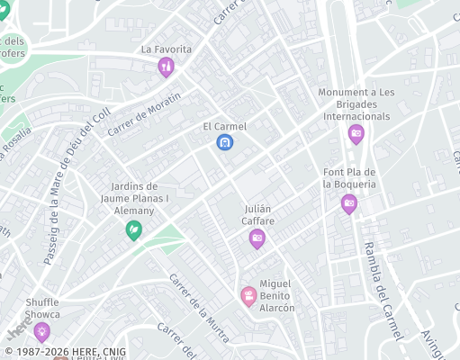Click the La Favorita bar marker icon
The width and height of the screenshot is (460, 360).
point(166,67)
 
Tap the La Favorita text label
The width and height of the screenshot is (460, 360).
point(166,49)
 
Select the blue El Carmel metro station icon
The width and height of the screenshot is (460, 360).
point(224,142)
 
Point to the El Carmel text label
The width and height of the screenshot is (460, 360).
point(224,126)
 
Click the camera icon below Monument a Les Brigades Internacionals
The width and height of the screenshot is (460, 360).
point(356,134)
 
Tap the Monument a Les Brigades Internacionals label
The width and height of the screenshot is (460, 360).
point(357,104)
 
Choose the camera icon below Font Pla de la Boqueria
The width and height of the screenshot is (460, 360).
point(348,203)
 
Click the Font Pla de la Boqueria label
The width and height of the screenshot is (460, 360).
point(349,178)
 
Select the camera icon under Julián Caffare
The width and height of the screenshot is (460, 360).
point(257,238)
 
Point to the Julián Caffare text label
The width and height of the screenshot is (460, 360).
point(258,214)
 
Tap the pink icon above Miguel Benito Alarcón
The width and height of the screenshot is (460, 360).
point(248,294)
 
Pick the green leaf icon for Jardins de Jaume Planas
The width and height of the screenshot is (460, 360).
point(133,230)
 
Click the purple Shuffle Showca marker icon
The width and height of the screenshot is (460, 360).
point(41,332)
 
